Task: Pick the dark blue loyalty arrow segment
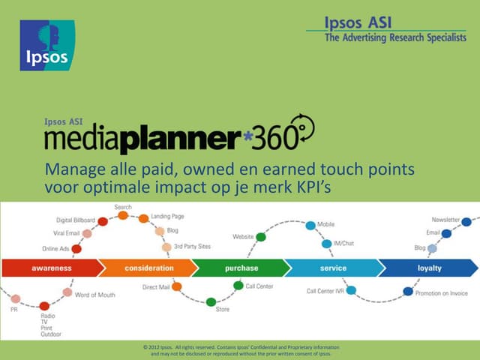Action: (429, 268)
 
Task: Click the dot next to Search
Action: (123, 215)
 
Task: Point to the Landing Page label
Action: (167, 216)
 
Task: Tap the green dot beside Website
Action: (260, 237)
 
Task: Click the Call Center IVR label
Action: (325, 291)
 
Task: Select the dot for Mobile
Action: (310, 225)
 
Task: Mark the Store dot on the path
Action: (211, 302)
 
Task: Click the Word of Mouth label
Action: (95, 295)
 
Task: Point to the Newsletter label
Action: (445, 220)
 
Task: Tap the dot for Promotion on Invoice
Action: (408, 291)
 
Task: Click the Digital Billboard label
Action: (75, 220)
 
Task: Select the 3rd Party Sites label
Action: (193, 247)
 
